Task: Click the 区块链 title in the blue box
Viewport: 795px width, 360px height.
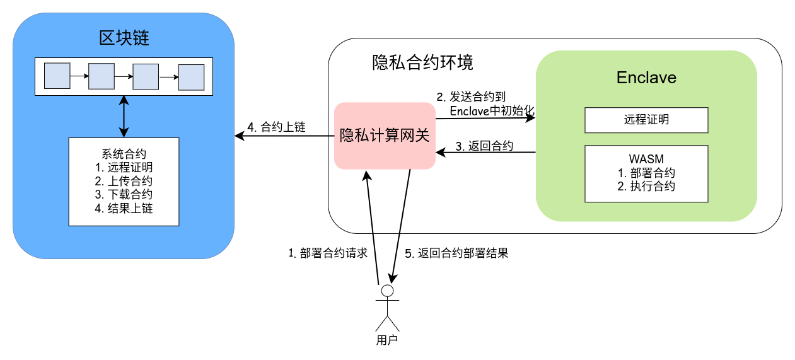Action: point(124,38)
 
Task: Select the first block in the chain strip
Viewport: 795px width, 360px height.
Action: point(57,76)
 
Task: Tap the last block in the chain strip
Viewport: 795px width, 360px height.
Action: point(191,78)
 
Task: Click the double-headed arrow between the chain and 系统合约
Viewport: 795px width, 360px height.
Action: point(124,117)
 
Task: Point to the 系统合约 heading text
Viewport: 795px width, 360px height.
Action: point(124,154)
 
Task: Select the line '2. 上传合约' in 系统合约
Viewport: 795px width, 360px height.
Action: point(124,181)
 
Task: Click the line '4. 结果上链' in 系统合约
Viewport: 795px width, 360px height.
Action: point(124,208)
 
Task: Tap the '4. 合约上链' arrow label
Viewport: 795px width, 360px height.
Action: point(276,127)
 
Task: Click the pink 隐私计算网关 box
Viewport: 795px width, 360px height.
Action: point(385,136)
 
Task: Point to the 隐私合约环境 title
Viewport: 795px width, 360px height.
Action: point(422,62)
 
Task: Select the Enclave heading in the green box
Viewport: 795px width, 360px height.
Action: point(646,78)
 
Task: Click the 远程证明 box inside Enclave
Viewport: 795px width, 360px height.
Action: point(646,120)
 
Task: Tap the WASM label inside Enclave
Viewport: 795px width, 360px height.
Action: point(646,159)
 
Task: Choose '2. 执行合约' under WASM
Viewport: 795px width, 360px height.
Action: point(646,187)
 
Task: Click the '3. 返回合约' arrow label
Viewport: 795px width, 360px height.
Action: point(484,146)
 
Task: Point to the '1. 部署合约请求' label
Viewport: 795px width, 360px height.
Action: point(328,253)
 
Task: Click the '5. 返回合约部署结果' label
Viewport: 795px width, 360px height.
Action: point(456,253)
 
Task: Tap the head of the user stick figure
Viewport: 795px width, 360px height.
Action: point(387,291)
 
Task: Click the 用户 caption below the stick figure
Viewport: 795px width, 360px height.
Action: point(387,340)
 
